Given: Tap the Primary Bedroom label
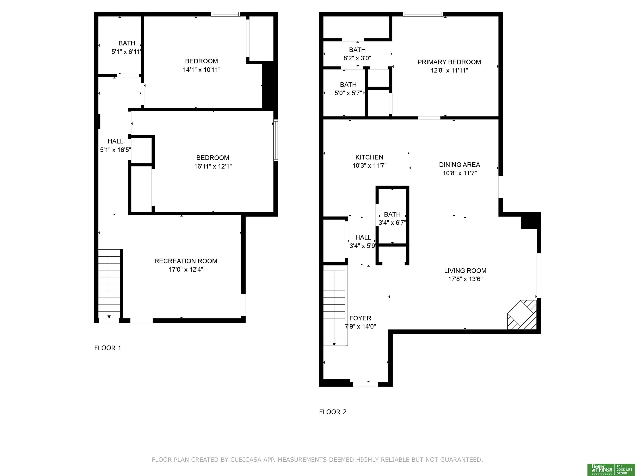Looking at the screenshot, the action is click(449, 62).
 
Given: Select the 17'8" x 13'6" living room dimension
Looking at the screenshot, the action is click(465, 279).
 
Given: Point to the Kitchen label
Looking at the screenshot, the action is click(369, 157).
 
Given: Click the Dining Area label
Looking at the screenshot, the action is click(459, 165).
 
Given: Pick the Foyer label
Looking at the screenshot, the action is click(360, 318).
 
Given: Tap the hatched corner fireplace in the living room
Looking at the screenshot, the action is click(522, 315).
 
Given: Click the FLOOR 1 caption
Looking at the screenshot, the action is click(108, 348).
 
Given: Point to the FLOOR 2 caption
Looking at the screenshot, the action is click(333, 412).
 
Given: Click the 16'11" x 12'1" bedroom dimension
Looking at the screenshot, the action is click(213, 166).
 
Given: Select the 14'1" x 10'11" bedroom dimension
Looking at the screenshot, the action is click(202, 70).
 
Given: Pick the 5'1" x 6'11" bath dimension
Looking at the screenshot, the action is click(126, 52).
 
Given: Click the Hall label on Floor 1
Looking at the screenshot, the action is click(115, 141).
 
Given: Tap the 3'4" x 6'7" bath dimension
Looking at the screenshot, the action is click(392, 223).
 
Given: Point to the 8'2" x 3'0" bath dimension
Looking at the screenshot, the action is click(357, 58).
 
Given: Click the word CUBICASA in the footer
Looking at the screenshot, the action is click(246, 460).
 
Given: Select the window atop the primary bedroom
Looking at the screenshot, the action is click(423, 14).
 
